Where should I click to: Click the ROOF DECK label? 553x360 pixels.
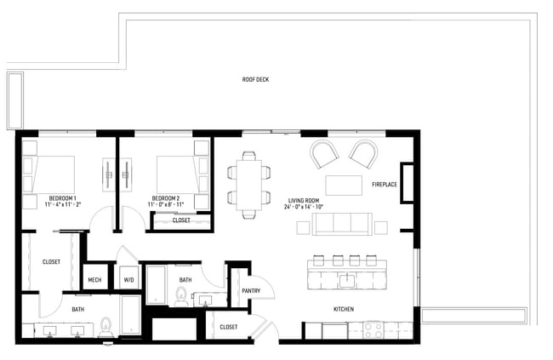[255, 80]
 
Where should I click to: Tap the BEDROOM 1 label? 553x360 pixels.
[62, 196]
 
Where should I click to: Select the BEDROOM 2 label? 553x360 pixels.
[169, 196]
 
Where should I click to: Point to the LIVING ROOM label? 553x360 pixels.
[304, 199]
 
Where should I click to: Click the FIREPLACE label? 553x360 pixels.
[385, 185]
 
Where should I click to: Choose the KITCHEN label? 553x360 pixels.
[344, 309]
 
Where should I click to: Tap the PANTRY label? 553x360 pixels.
[250, 290]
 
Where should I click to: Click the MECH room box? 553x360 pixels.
[94, 279]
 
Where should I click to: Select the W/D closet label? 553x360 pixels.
[129, 279]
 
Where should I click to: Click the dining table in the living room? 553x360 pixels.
[248, 185]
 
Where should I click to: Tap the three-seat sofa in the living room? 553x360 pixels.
[341, 225]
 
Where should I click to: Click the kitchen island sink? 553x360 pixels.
[346, 278]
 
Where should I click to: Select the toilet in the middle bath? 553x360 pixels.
[180, 295]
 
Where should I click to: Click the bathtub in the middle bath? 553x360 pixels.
[157, 285]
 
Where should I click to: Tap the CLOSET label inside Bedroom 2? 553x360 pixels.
[181, 220]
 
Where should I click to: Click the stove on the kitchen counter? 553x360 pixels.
[374, 327]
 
